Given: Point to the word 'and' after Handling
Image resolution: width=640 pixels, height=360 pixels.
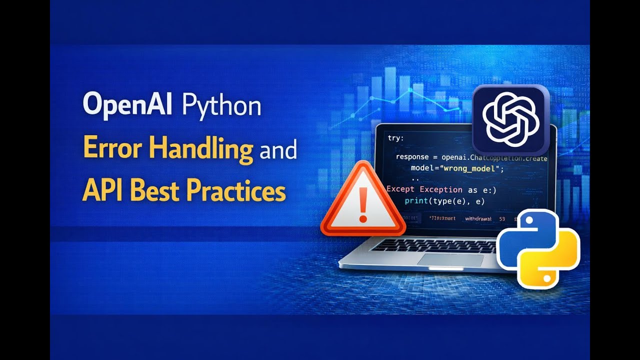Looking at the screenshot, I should pos(278,149).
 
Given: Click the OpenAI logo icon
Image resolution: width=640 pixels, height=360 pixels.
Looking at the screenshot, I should pos(510,119).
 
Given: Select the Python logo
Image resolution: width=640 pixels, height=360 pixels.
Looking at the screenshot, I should pos(538,248).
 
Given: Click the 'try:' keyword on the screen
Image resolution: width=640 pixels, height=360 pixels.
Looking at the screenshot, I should pos(395,138).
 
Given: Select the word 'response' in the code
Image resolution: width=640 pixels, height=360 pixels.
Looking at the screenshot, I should pos(412,157).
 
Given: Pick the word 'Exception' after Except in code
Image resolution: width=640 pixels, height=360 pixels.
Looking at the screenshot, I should pos(440,189).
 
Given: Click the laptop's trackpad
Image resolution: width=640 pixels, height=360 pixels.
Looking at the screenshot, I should pos(450,259).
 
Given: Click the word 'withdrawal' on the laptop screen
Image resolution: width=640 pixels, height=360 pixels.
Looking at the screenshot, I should pos(478,219).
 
